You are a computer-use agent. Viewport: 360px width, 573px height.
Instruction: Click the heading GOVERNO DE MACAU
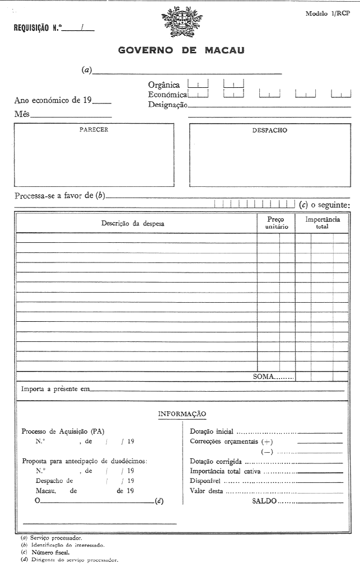(181, 50)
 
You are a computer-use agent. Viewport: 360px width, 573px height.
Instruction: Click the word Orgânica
(164, 85)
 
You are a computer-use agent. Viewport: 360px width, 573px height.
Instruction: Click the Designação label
(167, 105)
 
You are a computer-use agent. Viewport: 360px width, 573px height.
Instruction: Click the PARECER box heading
(93, 130)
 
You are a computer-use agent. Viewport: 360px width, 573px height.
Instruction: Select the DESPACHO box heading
(269, 130)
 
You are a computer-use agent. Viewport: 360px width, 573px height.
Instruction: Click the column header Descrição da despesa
(133, 223)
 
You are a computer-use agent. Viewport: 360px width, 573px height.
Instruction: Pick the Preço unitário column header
(275, 223)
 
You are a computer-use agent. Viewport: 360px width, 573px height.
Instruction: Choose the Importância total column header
(322, 223)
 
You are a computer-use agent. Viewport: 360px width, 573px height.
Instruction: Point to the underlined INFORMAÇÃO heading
(182, 414)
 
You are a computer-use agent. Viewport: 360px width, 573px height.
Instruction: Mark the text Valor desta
(207, 491)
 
